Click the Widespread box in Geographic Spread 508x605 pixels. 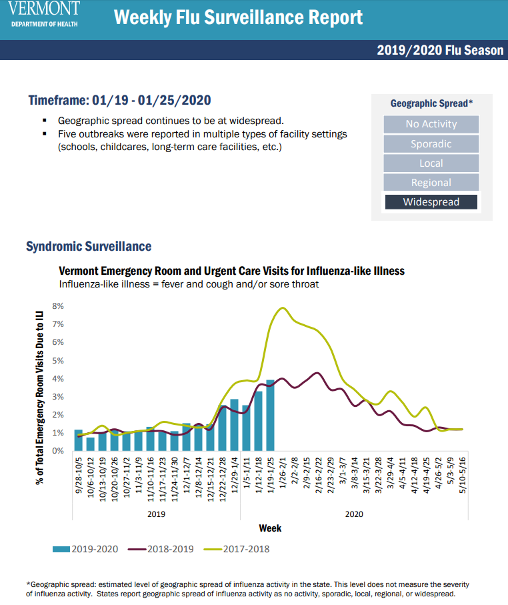[x=431, y=201]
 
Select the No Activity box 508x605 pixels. [x=431, y=124]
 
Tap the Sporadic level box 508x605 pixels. [x=431, y=143]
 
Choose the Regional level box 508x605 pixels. [x=431, y=182]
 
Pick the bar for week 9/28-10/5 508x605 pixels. [x=79, y=440]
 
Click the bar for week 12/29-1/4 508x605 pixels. [x=234, y=425]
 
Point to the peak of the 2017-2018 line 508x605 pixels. [x=283, y=308]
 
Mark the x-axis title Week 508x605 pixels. [x=270, y=528]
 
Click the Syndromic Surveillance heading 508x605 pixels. [x=89, y=246]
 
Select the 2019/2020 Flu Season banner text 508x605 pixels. [x=440, y=50]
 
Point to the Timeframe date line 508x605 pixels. [x=119, y=101]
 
